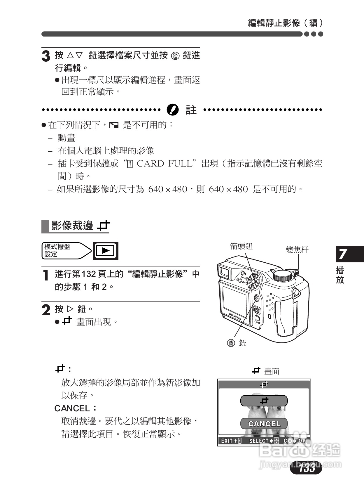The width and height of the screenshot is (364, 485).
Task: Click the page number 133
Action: tap(307, 468)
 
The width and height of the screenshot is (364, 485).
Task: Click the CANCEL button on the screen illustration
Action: tap(264, 424)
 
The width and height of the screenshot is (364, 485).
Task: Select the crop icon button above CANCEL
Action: tap(264, 401)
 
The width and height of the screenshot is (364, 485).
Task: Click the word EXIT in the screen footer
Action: tap(227, 441)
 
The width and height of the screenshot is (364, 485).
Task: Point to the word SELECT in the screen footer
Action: tap(259, 441)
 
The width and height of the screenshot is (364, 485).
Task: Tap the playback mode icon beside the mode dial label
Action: tap(106, 251)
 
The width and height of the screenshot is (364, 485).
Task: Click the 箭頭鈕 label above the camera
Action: tap(241, 246)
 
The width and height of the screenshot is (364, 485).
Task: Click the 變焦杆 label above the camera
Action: tap(297, 250)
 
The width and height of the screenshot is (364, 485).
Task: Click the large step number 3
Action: tap(46, 56)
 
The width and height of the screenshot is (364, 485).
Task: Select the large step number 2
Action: tap(46, 310)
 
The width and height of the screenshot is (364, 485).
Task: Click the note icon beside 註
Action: tap(172, 110)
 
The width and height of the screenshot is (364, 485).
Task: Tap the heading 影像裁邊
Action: tap(72, 226)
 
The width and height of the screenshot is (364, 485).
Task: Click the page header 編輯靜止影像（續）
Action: tap(285, 23)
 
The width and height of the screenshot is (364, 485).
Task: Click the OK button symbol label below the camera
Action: tap(231, 343)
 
